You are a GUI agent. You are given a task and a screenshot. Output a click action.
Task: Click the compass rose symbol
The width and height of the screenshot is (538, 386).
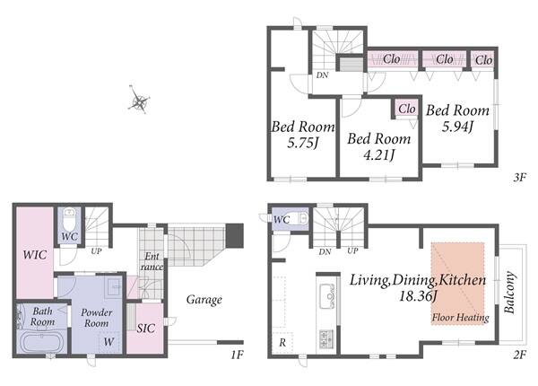(x=139, y=101)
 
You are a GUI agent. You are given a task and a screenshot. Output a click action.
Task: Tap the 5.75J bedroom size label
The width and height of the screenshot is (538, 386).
(x=303, y=143)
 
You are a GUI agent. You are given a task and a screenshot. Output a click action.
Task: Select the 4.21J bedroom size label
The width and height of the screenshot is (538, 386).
(x=378, y=155)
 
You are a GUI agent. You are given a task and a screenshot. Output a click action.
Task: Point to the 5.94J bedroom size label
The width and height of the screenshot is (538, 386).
(x=457, y=127)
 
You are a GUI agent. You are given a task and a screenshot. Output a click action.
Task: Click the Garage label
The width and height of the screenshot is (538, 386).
(x=204, y=300)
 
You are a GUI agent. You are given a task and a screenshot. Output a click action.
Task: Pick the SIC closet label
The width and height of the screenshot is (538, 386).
(x=146, y=329)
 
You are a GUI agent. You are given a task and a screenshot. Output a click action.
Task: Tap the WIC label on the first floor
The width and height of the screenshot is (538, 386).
(x=35, y=255)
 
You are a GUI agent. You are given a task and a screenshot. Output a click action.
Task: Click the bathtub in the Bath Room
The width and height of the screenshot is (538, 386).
(x=41, y=342)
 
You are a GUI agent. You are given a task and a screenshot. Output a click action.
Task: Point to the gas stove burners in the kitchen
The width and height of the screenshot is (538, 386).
(x=326, y=338)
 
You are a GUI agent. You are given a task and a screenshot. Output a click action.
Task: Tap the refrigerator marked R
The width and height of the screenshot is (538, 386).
(x=282, y=342)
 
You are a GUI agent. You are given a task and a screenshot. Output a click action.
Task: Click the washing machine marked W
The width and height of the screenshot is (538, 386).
(x=109, y=341)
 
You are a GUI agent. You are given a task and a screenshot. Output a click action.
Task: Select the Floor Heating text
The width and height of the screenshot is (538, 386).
(x=461, y=317)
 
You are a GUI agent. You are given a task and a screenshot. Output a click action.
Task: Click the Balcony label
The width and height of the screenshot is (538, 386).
(x=510, y=293)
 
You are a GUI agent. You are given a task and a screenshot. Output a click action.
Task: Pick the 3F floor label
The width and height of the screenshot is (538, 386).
(x=519, y=177)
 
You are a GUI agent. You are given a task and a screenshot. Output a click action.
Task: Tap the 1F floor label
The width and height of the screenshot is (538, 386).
(x=237, y=354)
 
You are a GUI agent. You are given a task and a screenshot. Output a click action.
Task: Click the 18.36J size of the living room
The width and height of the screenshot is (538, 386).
(x=418, y=295)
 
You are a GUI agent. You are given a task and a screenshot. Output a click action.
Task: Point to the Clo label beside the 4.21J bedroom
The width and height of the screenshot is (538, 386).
(x=407, y=109)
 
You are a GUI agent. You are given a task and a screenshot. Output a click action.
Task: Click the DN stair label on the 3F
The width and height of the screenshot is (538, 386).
(x=322, y=75)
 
